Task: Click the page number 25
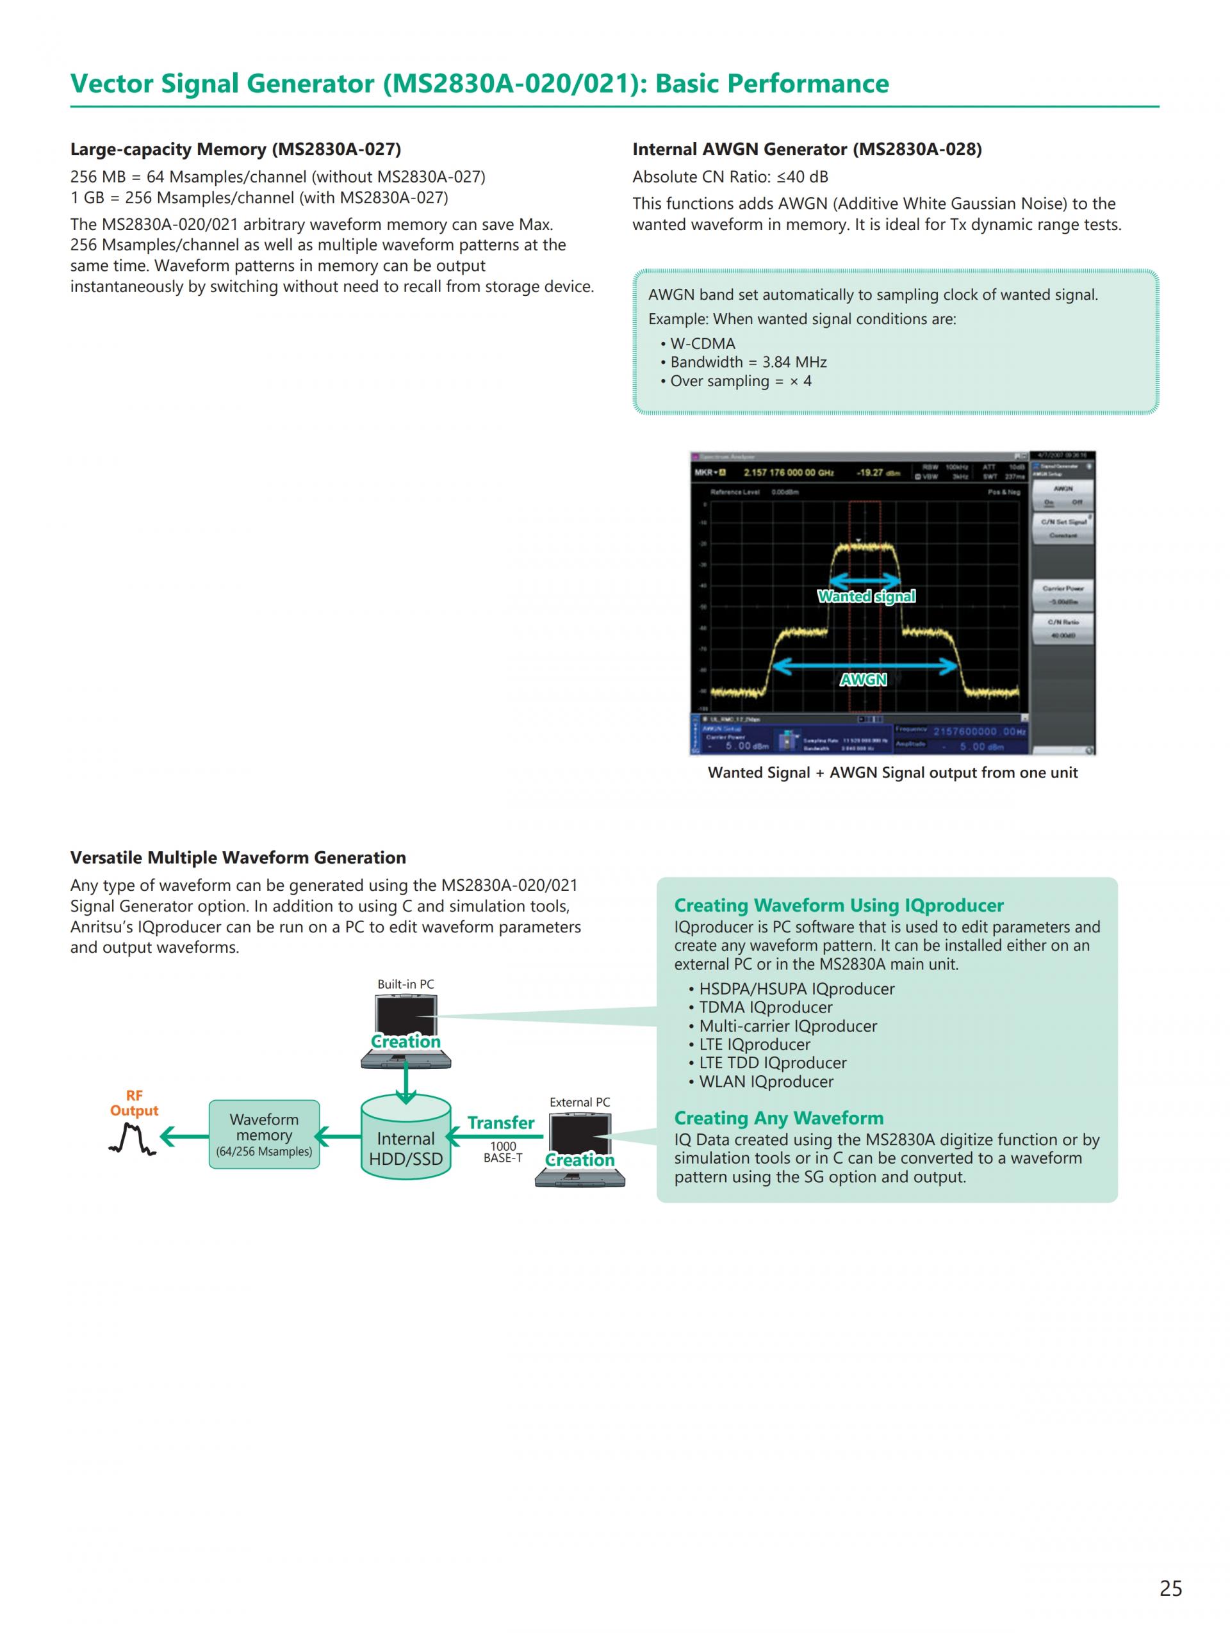(1170, 1588)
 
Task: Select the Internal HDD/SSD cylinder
(406, 1137)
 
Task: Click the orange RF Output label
(134, 1103)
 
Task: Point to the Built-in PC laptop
(406, 1030)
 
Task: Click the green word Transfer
(500, 1122)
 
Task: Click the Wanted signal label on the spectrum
(866, 596)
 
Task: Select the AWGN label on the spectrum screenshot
(863, 679)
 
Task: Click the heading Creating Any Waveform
(778, 1117)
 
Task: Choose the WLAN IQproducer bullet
(766, 1082)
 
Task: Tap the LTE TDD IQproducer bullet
(772, 1063)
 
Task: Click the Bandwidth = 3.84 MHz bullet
(748, 362)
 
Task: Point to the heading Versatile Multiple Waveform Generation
(238, 857)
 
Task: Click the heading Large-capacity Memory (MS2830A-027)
(236, 149)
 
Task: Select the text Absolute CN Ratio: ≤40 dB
(730, 177)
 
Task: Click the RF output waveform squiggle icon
(132, 1139)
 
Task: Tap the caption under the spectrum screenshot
(892, 772)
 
